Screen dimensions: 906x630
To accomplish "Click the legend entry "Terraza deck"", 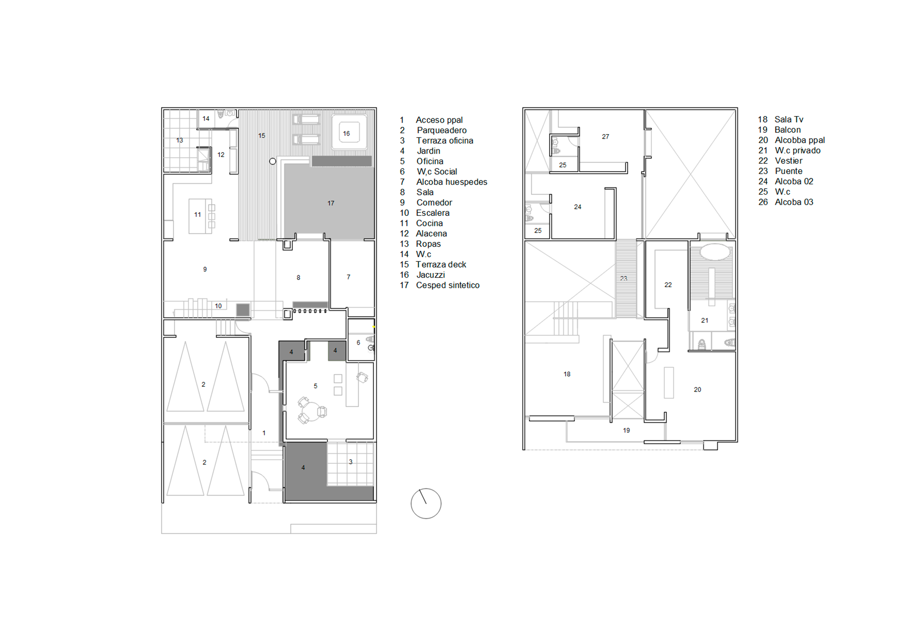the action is click(x=440, y=265).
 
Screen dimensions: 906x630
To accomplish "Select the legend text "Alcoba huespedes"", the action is click(x=452, y=182).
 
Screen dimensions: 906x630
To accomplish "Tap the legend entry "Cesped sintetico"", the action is click(x=447, y=285).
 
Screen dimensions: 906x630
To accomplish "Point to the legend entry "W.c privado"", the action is click(x=797, y=150).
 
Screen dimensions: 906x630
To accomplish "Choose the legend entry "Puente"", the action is click(x=788, y=171).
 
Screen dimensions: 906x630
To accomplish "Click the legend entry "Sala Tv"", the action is click(x=788, y=119).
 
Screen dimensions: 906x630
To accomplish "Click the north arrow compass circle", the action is click(x=426, y=503).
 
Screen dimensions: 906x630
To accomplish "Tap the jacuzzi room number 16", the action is click(x=347, y=133).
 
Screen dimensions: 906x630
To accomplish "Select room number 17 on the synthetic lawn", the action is click(x=331, y=203).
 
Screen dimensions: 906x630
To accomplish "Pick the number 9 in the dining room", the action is click(x=205, y=269).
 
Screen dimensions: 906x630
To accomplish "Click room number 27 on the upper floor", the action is click(x=605, y=136).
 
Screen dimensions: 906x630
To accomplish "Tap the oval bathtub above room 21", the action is click(x=715, y=252).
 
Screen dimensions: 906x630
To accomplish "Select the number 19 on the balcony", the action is click(x=626, y=430).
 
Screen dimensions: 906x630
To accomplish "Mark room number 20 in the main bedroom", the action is click(x=697, y=390).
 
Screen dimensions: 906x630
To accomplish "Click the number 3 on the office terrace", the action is click(x=351, y=461).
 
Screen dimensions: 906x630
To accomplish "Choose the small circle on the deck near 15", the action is click(x=273, y=161).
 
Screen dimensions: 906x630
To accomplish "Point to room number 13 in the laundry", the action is click(x=179, y=140).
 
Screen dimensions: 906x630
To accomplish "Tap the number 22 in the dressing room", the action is click(x=668, y=285).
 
